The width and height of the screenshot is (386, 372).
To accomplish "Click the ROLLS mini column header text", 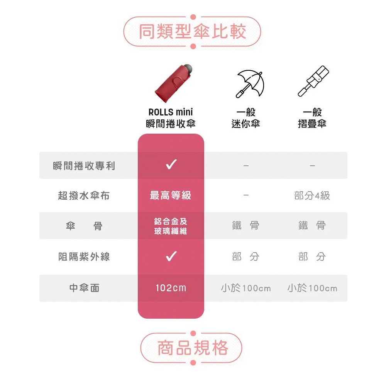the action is click(171, 118).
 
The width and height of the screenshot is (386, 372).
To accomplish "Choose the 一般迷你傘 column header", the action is click(246, 118).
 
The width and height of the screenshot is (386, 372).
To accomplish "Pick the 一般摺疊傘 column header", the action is click(312, 118).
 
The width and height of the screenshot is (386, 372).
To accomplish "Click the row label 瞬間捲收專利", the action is click(84, 166).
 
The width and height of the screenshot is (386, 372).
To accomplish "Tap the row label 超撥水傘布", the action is click(84, 196).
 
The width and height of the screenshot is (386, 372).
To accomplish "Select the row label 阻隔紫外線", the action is click(84, 256).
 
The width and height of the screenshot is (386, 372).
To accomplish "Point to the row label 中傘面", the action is click(84, 288).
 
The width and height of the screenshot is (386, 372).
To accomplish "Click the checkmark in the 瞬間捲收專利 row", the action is click(171, 165).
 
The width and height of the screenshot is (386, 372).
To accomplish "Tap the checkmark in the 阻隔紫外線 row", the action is click(171, 256).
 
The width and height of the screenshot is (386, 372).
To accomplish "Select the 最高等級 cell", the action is click(171, 195).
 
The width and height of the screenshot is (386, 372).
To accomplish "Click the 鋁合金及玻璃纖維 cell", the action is click(171, 226).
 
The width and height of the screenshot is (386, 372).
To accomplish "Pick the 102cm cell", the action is click(171, 288).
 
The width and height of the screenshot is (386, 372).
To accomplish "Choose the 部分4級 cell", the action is click(312, 196).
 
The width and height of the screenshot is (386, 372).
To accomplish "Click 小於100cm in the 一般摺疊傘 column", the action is click(312, 288).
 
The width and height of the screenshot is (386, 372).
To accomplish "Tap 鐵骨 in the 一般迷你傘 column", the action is click(246, 226).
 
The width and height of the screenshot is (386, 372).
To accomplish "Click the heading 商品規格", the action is click(193, 348).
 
